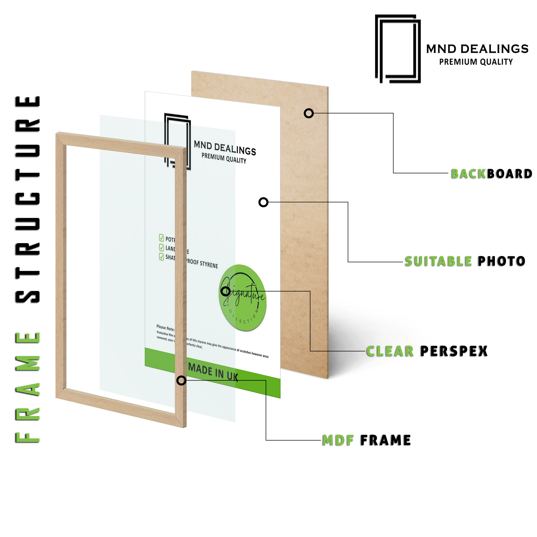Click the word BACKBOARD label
[x=491, y=174]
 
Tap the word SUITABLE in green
[x=438, y=261]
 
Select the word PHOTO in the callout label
[x=501, y=261]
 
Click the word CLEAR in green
[x=390, y=351]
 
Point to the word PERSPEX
[x=454, y=351]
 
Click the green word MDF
[x=338, y=440]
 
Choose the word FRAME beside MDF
[x=386, y=440]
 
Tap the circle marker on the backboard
[x=308, y=113]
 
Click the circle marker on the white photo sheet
[x=263, y=202]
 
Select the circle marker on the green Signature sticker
[x=225, y=291]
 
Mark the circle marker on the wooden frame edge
[x=181, y=380]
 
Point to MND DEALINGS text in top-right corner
[x=477, y=49]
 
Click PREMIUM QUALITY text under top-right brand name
[x=476, y=62]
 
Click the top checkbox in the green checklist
[x=162, y=238]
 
